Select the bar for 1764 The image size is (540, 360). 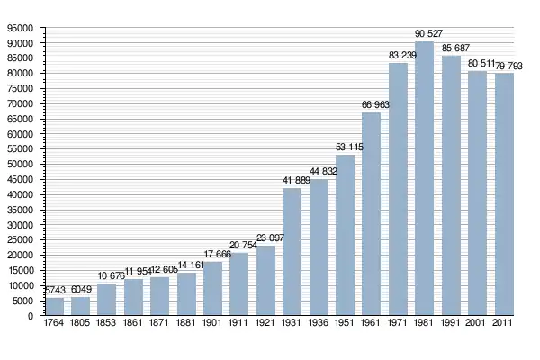click(x=55, y=307)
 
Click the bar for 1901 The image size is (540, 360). click(x=213, y=289)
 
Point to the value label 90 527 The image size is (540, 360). click(x=428, y=34)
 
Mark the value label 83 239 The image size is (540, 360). click(x=401, y=56)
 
